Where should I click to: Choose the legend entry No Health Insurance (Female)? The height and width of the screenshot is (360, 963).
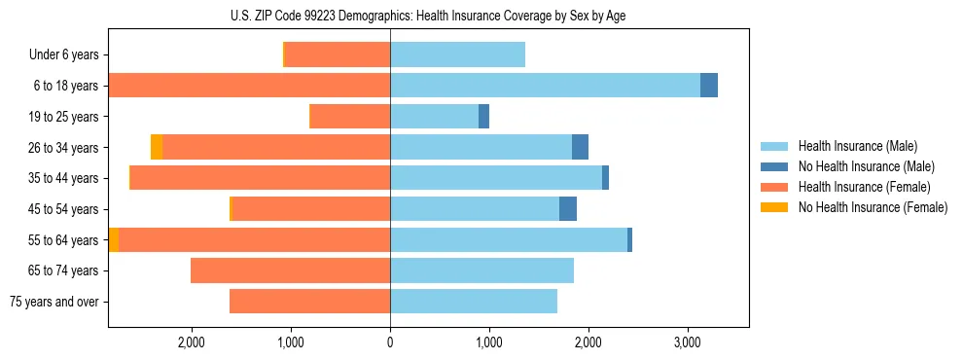coord(873,207)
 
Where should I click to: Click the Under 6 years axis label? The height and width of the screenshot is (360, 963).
coord(63,55)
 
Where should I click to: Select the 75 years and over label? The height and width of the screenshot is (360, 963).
coord(53,302)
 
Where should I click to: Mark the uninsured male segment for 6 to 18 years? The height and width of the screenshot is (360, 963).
coord(709,86)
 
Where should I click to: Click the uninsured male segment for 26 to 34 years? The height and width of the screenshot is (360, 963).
coord(580,147)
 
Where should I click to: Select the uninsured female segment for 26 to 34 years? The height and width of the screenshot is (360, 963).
coord(157,147)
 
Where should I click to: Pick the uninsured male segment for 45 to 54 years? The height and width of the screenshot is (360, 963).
coord(568,209)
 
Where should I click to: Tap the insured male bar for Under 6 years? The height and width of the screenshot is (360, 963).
coord(457,55)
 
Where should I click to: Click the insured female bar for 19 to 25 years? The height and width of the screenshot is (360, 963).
coord(350,117)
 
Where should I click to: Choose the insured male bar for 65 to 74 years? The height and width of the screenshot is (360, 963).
coord(481,270)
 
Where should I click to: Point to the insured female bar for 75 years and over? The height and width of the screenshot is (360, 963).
coord(309,302)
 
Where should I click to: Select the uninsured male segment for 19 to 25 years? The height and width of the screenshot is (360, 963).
coord(483,117)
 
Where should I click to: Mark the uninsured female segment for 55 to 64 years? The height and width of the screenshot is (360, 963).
coord(114,240)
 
